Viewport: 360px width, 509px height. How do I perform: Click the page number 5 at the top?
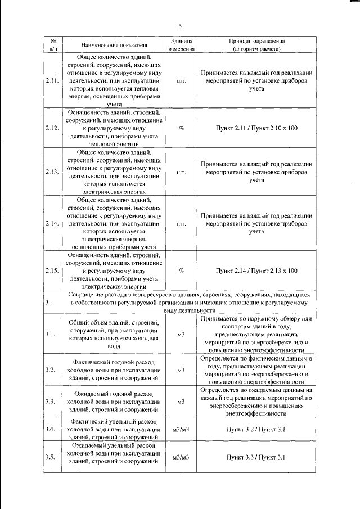coord(181,26)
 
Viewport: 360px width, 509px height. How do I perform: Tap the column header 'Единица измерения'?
coord(181,45)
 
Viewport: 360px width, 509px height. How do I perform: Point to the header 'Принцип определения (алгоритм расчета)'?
coord(256,45)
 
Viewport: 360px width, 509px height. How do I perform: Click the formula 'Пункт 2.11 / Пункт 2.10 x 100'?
coord(256,128)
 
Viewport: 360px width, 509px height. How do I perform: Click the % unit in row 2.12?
coord(181,128)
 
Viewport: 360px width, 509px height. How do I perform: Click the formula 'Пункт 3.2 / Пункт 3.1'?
coord(256,430)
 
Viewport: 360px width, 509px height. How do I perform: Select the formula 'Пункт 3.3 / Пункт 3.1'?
coord(256,457)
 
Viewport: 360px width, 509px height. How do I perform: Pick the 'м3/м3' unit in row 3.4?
coord(181,430)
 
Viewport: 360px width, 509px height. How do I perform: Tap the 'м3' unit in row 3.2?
coord(181,370)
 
